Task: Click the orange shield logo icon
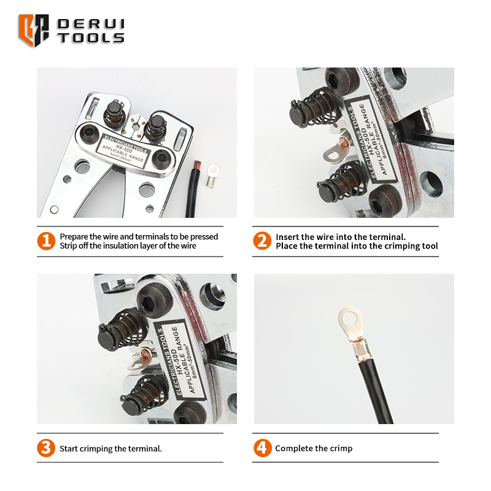coord(34,30)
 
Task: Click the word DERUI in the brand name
coord(91,24)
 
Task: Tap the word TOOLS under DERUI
coord(91,37)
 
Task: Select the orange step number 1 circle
coord(46,241)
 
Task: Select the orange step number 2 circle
coord(262,241)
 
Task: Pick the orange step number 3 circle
coord(46,448)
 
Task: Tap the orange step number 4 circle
coord(263,448)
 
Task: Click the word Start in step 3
coord(69,449)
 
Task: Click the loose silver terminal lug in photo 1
coord(212,176)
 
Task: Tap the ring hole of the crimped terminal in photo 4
coord(350,320)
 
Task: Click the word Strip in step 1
coord(69,246)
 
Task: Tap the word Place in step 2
coord(286,246)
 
